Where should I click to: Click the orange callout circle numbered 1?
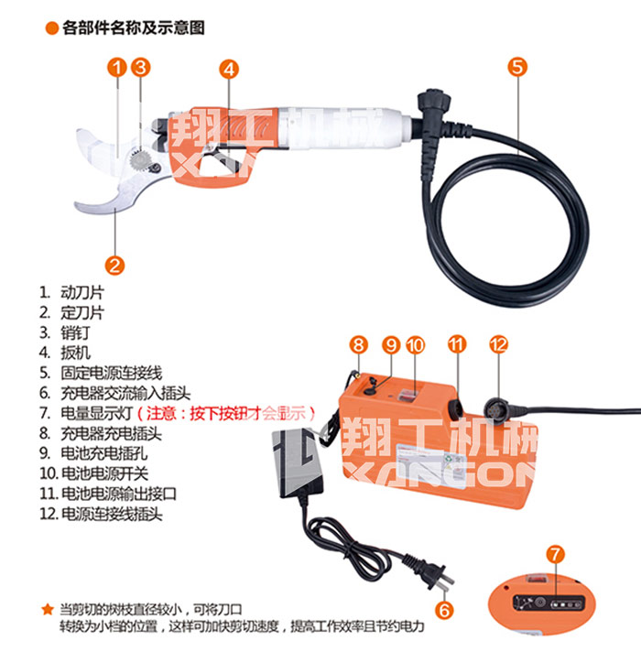[x=116, y=67]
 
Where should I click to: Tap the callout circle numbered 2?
[x=114, y=266]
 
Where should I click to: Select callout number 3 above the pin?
[x=139, y=67]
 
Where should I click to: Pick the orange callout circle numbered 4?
[x=229, y=68]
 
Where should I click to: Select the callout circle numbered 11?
[x=457, y=345]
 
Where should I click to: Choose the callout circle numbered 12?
[x=498, y=345]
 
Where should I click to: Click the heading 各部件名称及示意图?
[x=134, y=29]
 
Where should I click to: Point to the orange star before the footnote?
[x=48, y=608]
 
